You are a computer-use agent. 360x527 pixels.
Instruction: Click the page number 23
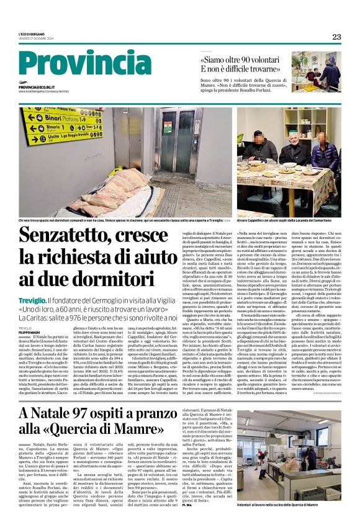pos(336,37)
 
